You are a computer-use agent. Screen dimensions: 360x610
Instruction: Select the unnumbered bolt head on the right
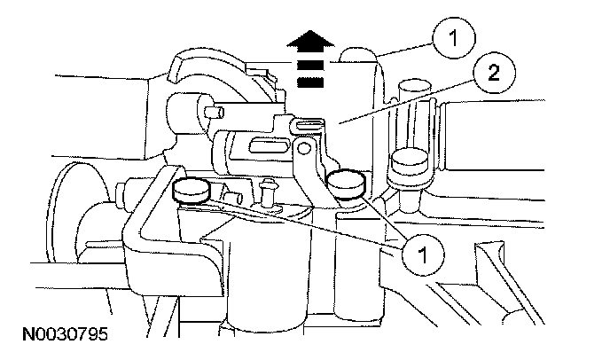[409, 164]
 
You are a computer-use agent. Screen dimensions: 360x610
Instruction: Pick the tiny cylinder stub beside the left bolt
[234, 192]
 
